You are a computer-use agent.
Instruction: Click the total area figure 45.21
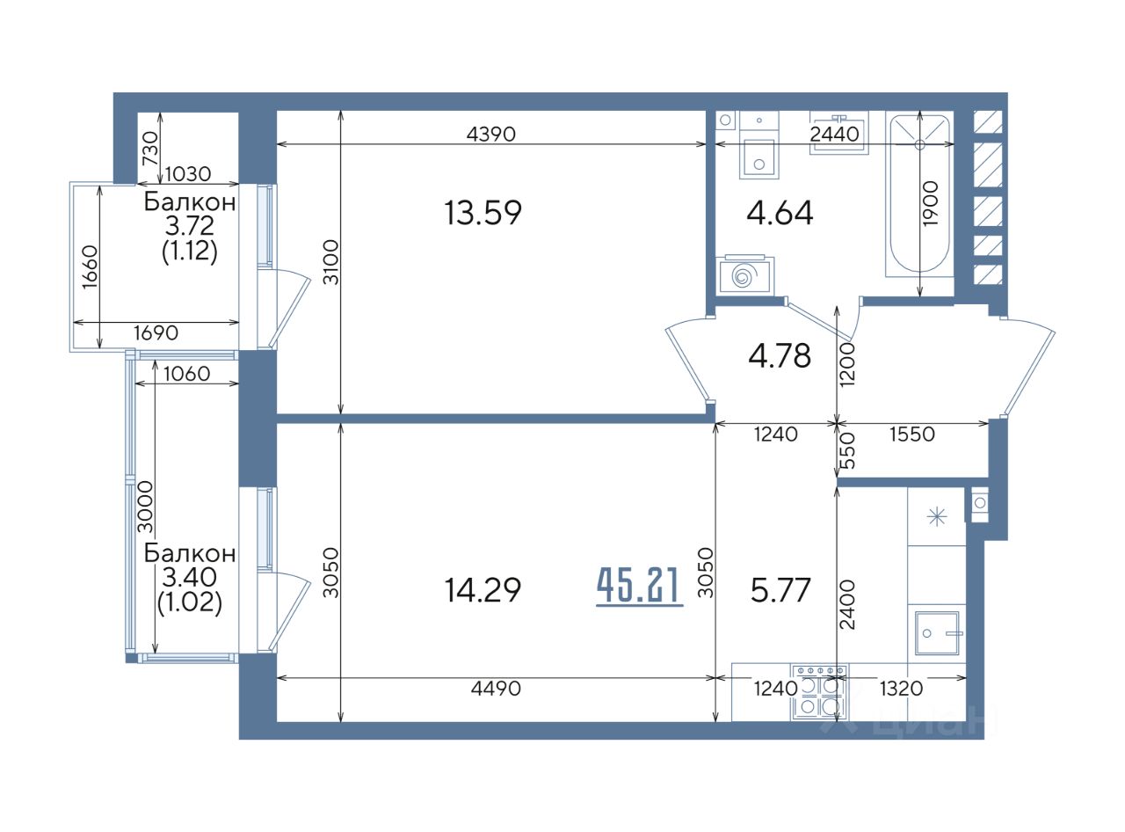pos(639,587)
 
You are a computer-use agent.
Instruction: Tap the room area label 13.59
pos(483,213)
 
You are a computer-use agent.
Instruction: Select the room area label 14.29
pos(483,590)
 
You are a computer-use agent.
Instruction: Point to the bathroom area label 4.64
pos(780,213)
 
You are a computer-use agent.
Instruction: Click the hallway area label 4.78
pos(780,356)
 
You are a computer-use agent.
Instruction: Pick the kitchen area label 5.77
pos(780,590)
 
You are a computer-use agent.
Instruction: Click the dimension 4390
pos(490,134)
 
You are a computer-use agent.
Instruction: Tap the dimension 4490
pos(496,689)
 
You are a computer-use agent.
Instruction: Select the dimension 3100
pos(330,262)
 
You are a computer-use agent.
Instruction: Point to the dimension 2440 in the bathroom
pos(834,134)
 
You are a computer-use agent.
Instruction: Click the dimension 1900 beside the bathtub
pos(931,203)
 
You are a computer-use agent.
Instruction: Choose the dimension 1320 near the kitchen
pos(901,689)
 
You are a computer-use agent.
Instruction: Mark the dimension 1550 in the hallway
pos(912,434)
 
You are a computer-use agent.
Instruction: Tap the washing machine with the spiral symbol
pos(744,275)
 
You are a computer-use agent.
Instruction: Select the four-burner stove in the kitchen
pos(818,693)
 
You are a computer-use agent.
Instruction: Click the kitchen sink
pos(937,633)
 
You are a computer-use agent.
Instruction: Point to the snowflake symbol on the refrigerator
pos(937,517)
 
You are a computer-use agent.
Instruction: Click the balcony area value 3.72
pos(189,226)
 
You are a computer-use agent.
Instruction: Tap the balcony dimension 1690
pos(156,333)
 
